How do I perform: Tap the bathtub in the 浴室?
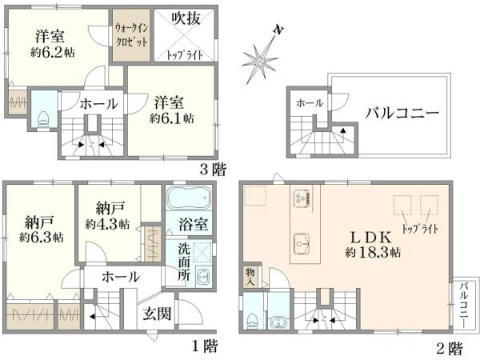coord(189,198)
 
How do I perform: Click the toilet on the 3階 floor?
coord(43,118)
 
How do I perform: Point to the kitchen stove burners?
coord(302,198)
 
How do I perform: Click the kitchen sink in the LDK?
coord(302,243)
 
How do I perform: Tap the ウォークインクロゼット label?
coord(132,35)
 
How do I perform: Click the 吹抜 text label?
coord(186,18)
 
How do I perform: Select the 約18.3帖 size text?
coord(373,253)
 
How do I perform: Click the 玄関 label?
coord(157,314)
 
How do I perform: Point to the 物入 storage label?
coord(250,277)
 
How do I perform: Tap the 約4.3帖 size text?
coord(107,224)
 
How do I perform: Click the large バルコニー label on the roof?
coord(402,114)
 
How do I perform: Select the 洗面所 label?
coord(184,262)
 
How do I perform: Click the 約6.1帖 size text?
coord(171,118)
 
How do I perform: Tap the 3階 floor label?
coord(213,170)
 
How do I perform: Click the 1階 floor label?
coord(205,346)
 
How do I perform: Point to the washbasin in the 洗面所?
coord(202,277)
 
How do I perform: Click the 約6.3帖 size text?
coord(42,238)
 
